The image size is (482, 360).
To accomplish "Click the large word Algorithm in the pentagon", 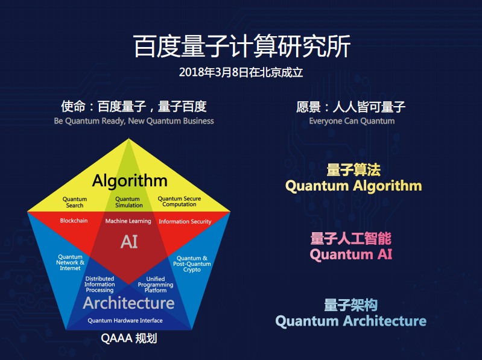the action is click(x=130, y=181).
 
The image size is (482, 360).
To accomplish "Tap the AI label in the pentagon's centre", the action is click(x=129, y=242).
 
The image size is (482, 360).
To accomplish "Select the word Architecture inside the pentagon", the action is click(x=129, y=303).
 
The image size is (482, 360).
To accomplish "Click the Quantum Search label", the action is click(x=75, y=202).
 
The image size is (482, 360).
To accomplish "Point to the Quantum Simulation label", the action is click(x=129, y=202).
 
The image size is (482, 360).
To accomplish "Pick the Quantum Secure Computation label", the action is click(x=179, y=201).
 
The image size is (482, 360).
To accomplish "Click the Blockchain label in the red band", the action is click(x=74, y=221).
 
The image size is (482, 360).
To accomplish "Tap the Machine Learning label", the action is click(x=128, y=221).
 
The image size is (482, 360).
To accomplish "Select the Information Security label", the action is click(x=185, y=221).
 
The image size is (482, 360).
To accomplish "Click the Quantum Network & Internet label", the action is click(x=70, y=262).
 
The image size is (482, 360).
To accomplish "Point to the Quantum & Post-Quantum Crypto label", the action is click(x=192, y=264).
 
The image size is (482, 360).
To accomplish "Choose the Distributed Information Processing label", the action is click(x=100, y=285).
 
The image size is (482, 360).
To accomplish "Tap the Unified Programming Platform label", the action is click(x=156, y=285).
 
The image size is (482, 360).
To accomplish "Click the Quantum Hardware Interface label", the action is click(x=125, y=321).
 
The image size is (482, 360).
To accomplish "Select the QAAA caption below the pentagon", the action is click(x=129, y=338).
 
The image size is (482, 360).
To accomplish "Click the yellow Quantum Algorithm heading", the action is click(x=354, y=186).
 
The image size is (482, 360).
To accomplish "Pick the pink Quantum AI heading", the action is click(x=351, y=254).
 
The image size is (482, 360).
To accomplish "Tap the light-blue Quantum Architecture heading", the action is click(x=350, y=321).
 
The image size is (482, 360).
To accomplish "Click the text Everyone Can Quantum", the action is click(x=352, y=121).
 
